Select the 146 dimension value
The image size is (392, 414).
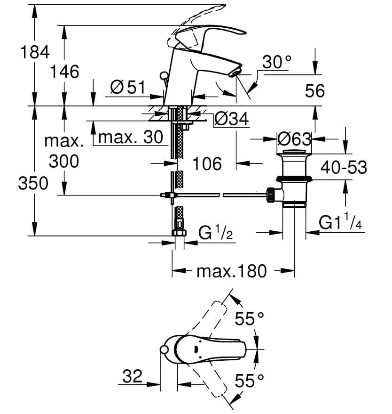65,72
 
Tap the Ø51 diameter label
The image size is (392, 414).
127,87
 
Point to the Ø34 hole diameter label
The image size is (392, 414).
231,120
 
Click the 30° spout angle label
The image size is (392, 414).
277,62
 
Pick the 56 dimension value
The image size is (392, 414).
314,91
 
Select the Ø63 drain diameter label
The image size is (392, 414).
294,139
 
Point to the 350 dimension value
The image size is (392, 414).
33,183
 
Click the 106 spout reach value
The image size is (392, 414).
207,163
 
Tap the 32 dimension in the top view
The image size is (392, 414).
132,376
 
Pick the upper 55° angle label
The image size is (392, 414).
249,319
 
